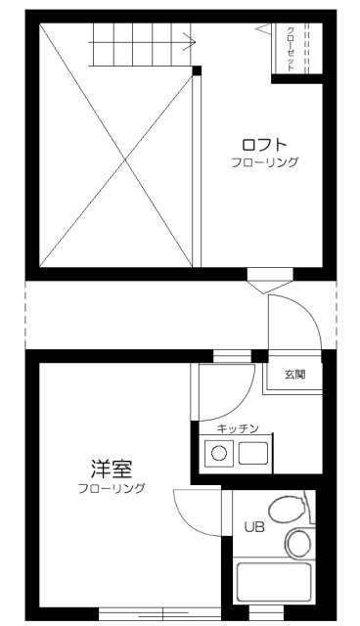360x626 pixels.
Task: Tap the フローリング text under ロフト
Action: pos(265,161)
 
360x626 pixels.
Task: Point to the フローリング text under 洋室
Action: pos(112,487)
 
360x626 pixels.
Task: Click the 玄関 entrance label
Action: pos(294,374)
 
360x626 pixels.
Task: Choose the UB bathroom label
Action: pos(253,526)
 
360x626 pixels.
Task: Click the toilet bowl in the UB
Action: pos(286,509)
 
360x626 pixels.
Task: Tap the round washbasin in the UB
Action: pos(298,542)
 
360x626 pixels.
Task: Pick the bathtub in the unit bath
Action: pos(275,584)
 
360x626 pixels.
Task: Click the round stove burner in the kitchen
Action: pos(220,453)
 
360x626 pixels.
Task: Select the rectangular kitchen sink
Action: pos(253,453)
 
